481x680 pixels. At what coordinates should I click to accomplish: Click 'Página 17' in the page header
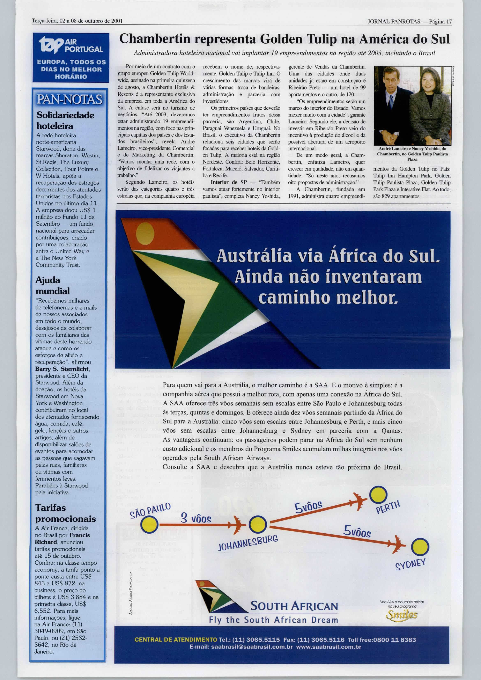click(440, 21)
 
